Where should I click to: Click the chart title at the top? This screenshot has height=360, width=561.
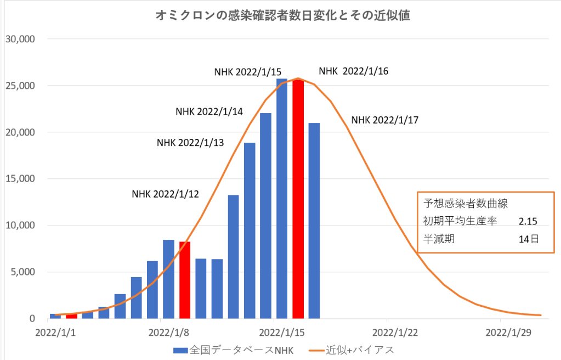[x=284, y=15]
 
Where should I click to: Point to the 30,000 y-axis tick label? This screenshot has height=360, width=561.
[x=20, y=40]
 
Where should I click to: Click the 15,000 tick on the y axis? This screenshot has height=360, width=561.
[x=20, y=179]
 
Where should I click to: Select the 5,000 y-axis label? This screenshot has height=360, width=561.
[x=22, y=272]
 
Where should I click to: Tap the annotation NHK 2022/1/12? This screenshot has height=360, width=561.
[x=166, y=194]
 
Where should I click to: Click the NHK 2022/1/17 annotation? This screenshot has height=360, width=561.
[x=385, y=120]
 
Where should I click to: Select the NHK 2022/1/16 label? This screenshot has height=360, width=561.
[x=354, y=71]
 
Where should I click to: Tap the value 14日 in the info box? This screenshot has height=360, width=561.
[x=527, y=239]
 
